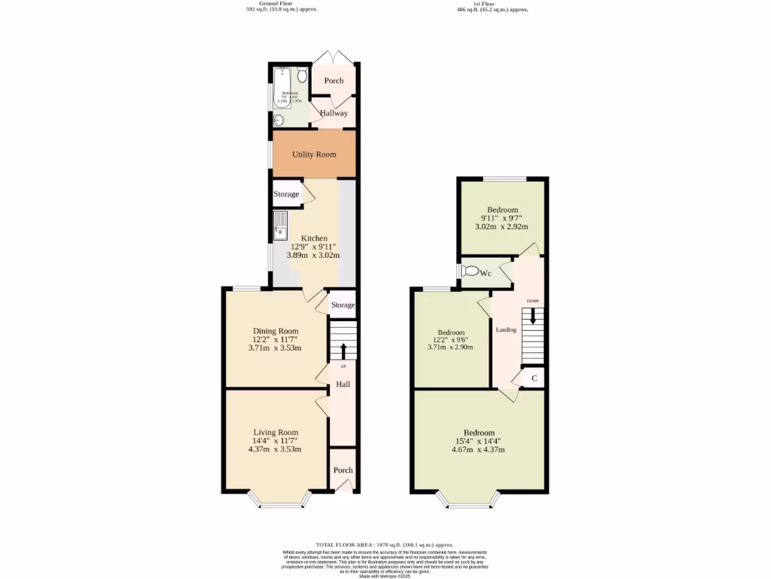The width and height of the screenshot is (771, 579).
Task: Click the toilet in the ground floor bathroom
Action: [302, 75]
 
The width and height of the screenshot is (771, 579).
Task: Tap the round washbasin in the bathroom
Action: [279, 119]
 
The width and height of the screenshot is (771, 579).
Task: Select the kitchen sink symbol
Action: [280, 224]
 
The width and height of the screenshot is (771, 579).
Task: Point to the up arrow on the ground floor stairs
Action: [343, 351]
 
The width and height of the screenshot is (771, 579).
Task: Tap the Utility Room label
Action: [314, 155]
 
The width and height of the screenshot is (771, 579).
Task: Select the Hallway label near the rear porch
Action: [334, 113]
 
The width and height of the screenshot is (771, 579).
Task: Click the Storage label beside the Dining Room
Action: [343, 305]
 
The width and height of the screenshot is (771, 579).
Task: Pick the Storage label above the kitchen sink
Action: [286, 195]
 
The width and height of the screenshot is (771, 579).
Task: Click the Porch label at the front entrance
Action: [343, 470]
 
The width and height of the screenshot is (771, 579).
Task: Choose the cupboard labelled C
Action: [534, 378]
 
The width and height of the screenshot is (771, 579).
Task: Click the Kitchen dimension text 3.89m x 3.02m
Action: [312, 256]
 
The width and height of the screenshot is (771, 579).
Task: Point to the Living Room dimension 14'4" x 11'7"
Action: [275, 441]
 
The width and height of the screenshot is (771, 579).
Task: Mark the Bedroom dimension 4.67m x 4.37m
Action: [478, 450]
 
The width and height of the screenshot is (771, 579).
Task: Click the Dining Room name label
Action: [275, 331]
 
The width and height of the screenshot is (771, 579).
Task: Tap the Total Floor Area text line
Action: [385, 544]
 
